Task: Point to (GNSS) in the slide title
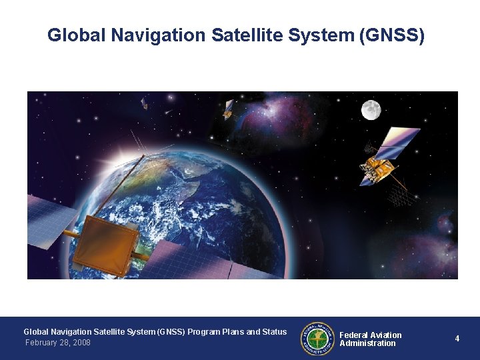[391, 35]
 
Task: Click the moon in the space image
[371, 110]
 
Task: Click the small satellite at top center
[229, 109]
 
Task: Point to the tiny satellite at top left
[144, 103]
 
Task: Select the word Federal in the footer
[353, 335]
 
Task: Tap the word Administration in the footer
[367, 343]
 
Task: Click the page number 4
[457, 339]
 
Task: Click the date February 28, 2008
[57, 343]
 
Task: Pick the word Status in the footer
[274, 331]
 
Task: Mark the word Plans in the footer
[233, 331]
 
